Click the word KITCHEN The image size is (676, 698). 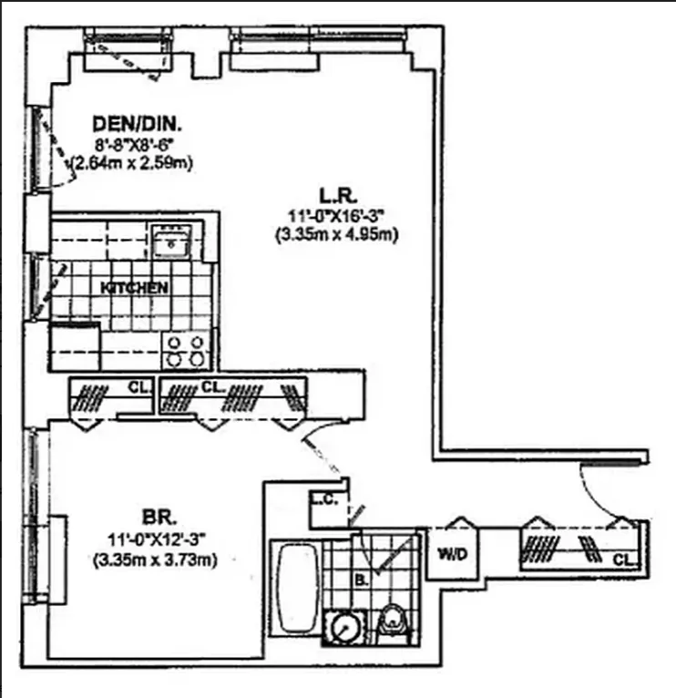134,287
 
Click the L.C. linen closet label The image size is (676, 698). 320,498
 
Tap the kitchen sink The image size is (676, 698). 169,241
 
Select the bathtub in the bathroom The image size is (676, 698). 293,592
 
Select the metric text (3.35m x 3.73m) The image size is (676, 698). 154,559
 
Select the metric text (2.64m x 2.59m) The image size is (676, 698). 134,163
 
